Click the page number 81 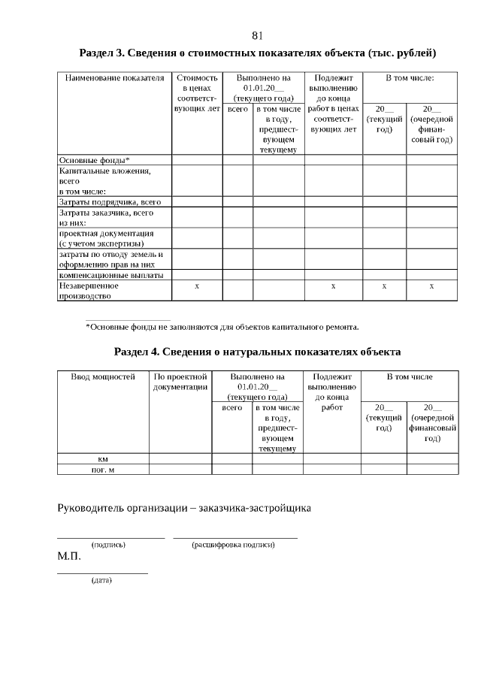click(x=257, y=36)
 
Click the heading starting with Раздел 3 click(x=258, y=53)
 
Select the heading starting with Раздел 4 click(x=257, y=352)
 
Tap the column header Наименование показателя click(x=114, y=78)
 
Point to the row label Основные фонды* click(x=95, y=159)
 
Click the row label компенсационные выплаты click(x=110, y=275)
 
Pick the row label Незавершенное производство click(x=89, y=291)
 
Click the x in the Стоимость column click(x=197, y=286)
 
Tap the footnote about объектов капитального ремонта click(x=222, y=327)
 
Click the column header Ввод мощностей click(x=103, y=376)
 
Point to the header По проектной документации click(x=180, y=382)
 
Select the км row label click(x=103, y=458)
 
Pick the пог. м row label click(x=103, y=470)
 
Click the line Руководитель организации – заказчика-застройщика click(x=185, y=508)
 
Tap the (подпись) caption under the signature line click(x=108, y=544)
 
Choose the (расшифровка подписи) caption click(x=234, y=544)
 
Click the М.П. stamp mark click(x=69, y=558)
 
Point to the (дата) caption click(x=101, y=581)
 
